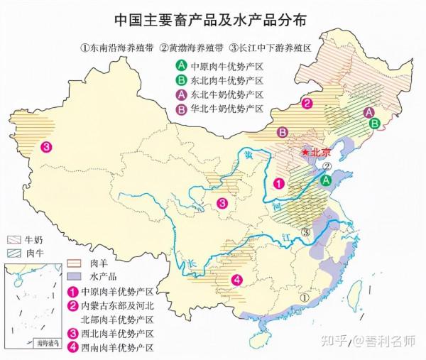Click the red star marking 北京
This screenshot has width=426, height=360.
coord(305,151)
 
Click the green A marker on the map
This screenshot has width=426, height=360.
coord(326,181)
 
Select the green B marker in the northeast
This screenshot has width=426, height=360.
coord(374,123)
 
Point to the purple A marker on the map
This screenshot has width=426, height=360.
coord(368,112)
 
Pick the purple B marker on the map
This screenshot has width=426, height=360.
coord(282,132)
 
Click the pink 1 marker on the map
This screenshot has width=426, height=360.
coord(280,182)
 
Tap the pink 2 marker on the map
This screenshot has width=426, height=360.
coord(307,104)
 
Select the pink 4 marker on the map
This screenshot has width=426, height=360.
coord(236,279)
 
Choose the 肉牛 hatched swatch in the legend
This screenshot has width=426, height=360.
coord(15,252)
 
